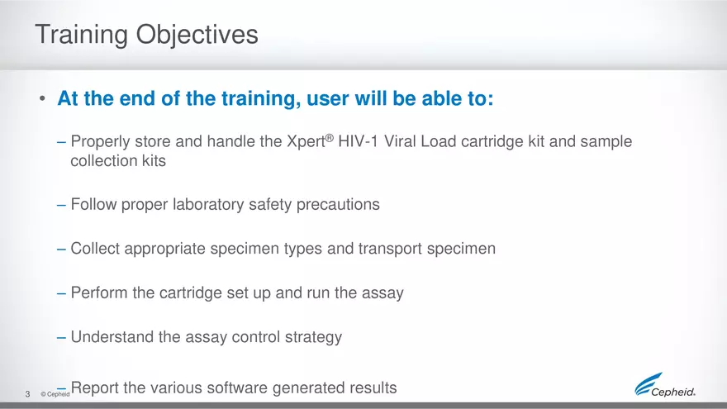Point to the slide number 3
pos(27,393)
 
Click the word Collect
pos(96,249)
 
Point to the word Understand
pos(111,337)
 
